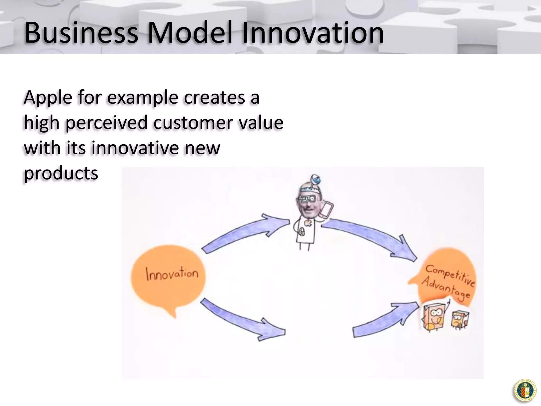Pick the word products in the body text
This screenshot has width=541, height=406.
[x=61, y=173]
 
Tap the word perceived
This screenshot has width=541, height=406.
[x=106, y=123]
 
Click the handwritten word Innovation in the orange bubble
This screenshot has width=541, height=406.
[x=172, y=274]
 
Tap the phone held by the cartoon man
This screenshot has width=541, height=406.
[x=327, y=210]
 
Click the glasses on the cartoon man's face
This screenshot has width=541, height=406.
[x=306, y=199]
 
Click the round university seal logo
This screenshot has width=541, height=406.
[x=525, y=391]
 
